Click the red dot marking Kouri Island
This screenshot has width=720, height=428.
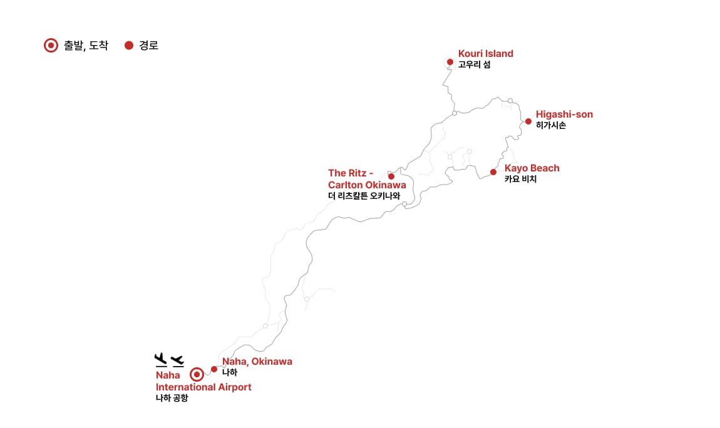pos(450,62)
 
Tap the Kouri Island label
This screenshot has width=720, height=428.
pos(486,53)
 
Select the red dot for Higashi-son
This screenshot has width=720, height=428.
pos(528,121)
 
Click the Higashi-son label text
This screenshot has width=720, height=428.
pos(564,115)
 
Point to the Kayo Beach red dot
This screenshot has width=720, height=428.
pos(493,173)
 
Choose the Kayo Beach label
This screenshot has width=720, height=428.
pos(532,168)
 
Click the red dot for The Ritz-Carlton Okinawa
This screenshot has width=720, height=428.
pos(391,176)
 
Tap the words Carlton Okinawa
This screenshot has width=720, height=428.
pos(367,185)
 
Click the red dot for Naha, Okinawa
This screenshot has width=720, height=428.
pos(214,369)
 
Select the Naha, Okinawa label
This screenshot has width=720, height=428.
pos(257,362)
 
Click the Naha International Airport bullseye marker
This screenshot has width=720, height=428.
pos(197,375)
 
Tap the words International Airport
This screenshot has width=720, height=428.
pos(203,387)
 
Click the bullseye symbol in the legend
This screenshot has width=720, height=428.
pos(51,46)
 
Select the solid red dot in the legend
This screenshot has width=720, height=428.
pos(129,46)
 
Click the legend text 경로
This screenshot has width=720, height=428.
pos(149,46)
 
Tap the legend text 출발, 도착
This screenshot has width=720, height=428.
pos(86,46)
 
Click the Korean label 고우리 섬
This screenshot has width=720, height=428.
pos(475,64)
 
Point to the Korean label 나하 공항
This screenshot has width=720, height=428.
pos(172,398)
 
